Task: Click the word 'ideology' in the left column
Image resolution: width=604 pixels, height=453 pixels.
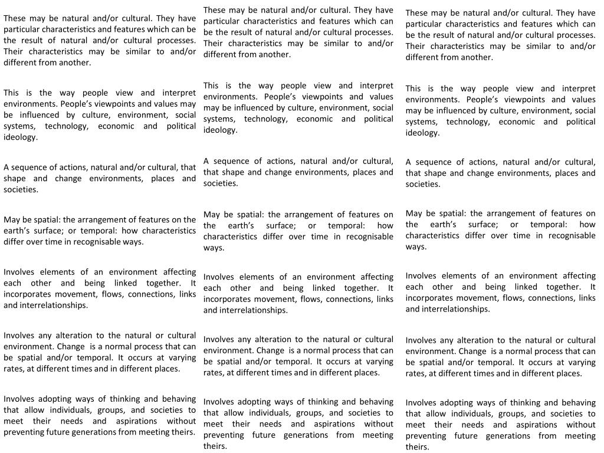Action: coord(20,137)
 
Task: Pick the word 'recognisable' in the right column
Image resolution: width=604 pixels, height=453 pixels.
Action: coord(572,235)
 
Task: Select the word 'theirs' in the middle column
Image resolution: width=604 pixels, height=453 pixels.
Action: coord(215,447)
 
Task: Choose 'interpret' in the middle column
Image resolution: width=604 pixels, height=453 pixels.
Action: coord(376,86)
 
